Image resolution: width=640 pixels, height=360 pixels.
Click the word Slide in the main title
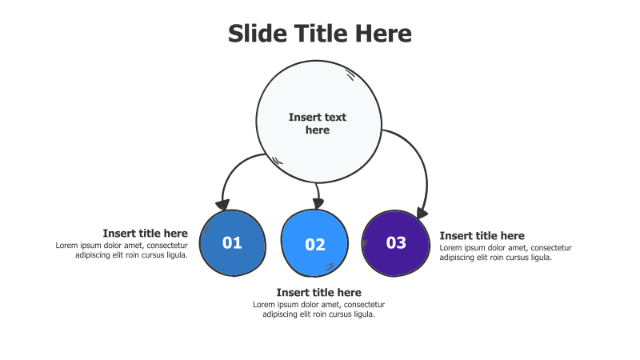pyautogui.click(x=258, y=34)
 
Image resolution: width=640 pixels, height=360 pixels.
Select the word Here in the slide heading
pyautogui.click(x=383, y=34)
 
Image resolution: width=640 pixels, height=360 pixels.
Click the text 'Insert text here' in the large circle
pyautogui.click(x=318, y=123)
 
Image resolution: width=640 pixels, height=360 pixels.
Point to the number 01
pyautogui.click(x=232, y=243)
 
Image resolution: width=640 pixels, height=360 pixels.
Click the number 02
pyautogui.click(x=315, y=245)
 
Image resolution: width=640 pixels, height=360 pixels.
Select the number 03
pyautogui.click(x=396, y=242)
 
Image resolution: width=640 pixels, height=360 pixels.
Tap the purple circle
pyautogui.click(x=395, y=243)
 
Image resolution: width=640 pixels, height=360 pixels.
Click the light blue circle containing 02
pyautogui.click(x=314, y=243)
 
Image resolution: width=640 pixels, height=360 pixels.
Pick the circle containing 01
pyautogui.click(x=233, y=243)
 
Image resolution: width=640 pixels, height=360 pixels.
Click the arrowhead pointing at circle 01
pyautogui.click(x=223, y=205)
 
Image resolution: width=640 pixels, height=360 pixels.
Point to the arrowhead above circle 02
pyautogui.click(x=318, y=203)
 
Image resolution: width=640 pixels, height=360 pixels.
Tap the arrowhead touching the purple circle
pyautogui.click(x=422, y=213)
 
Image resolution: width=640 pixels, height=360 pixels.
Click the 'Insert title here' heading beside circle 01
pyautogui.click(x=146, y=233)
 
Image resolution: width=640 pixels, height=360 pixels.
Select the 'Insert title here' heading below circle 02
pyautogui.click(x=318, y=292)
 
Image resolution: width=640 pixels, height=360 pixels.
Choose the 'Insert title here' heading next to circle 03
pyautogui.click(x=482, y=235)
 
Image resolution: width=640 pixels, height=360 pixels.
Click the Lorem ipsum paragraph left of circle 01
pyautogui.click(x=122, y=250)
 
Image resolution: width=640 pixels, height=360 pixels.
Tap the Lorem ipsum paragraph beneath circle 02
pyautogui.click(x=318, y=310)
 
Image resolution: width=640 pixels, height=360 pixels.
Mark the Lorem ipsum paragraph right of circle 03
pyautogui.click(x=506, y=253)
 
